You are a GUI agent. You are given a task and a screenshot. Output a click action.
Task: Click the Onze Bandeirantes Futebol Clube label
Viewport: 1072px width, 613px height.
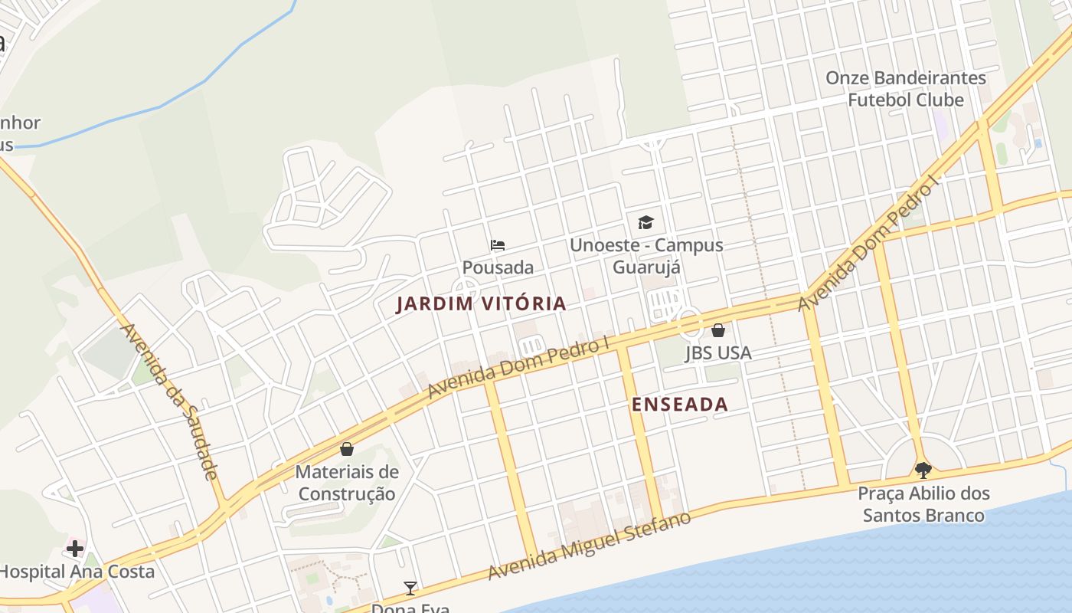click(906, 89)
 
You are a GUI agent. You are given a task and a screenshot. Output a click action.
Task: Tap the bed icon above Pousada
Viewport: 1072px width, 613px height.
click(498, 245)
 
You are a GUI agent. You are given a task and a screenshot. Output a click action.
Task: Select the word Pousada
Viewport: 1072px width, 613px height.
click(498, 267)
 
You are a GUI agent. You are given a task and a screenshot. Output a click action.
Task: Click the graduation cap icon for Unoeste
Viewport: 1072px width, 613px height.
click(645, 222)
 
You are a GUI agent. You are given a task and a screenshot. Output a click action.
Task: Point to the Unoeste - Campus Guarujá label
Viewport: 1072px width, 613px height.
click(646, 256)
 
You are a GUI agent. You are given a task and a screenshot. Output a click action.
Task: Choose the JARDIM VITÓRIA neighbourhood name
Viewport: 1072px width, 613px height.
click(481, 303)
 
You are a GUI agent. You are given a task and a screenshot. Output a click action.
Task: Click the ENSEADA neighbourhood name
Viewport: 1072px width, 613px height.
click(680, 405)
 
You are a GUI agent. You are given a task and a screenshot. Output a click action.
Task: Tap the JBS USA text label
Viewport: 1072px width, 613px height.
click(717, 353)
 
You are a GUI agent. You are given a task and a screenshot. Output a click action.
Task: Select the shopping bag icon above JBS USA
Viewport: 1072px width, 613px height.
click(717, 330)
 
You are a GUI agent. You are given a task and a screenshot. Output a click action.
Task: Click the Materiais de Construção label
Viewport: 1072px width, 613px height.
click(347, 483)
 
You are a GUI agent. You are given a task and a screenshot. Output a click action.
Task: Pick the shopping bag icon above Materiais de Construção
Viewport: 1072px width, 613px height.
click(347, 448)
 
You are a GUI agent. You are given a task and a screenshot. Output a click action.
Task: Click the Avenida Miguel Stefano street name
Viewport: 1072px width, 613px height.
click(589, 546)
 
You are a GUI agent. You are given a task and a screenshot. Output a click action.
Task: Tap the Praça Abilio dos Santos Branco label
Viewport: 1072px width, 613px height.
click(923, 504)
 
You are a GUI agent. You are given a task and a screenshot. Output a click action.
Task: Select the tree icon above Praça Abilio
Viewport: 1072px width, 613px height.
click(923, 470)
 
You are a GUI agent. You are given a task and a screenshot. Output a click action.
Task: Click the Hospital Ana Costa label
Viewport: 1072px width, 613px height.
click(77, 572)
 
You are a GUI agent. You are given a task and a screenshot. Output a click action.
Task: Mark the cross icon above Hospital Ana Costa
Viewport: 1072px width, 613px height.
click(75, 548)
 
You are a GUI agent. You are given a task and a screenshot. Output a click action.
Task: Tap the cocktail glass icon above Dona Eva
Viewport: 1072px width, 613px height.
click(410, 588)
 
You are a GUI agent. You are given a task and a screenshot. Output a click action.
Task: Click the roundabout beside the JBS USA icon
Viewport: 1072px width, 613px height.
click(690, 323)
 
